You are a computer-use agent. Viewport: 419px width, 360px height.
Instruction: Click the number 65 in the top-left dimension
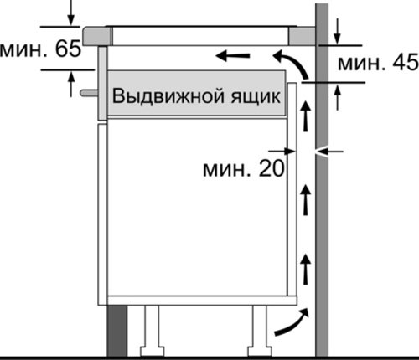[68, 49]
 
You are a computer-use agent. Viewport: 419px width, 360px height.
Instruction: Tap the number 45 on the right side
[406, 62]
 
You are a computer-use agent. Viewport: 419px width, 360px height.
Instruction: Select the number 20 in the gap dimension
[272, 168]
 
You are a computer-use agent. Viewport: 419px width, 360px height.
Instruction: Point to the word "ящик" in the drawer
[256, 96]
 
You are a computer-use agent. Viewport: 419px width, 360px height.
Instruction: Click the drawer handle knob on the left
[89, 93]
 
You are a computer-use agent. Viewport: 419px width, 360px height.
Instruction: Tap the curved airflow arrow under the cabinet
[292, 322]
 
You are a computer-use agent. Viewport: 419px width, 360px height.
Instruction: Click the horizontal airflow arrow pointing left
[233, 56]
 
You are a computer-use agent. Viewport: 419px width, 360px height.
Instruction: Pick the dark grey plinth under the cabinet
[117, 331]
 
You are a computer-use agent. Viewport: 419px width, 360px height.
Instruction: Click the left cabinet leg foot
[152, 352]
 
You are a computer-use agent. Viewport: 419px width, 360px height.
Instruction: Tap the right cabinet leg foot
[260, 352]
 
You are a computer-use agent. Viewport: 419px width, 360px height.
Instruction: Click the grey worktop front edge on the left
[96, 36]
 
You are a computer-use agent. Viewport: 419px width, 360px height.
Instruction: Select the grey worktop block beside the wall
[302, 36]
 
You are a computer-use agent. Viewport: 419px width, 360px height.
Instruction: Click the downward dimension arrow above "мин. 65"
[71, 13]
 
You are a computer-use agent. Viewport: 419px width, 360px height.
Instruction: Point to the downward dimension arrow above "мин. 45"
[338, 31]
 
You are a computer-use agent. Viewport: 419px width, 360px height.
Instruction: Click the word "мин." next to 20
[226, 170]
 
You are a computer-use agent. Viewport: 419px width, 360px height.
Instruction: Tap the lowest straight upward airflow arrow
[306, 269]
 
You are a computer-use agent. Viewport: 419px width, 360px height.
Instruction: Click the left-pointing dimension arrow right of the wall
[329, 152]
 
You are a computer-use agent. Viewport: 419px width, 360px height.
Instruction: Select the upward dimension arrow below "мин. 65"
[71, 84]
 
